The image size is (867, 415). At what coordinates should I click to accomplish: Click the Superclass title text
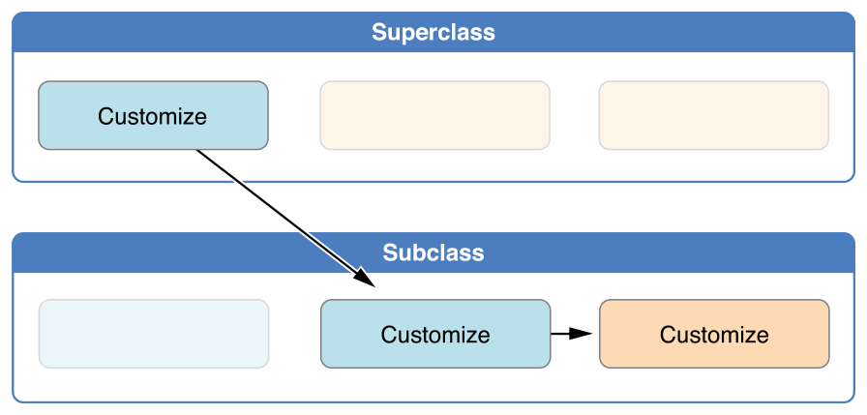pos(433,32)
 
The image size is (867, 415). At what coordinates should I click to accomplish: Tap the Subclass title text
pos(433,253)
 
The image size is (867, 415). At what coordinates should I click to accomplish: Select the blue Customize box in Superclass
pos(153,116)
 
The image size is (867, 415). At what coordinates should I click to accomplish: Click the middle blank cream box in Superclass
pos(434,116)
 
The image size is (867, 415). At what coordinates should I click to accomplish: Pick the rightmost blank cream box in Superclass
pos(713,116)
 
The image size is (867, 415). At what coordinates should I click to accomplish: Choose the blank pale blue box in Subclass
pos(153,334)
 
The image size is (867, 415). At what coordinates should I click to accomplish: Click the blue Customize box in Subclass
pos(434,334)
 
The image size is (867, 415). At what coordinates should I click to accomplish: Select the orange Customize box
pos(713,334)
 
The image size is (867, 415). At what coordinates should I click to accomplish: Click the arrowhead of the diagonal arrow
pos(365,280)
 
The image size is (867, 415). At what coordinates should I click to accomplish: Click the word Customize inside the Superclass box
pos(153,117)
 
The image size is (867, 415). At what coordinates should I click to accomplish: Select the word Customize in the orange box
pos(713,335)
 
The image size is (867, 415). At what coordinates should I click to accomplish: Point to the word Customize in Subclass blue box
pos(434,335)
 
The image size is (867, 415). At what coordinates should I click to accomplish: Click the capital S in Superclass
pos(379,32)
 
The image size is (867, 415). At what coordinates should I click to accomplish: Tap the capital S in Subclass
pos(390,253)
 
